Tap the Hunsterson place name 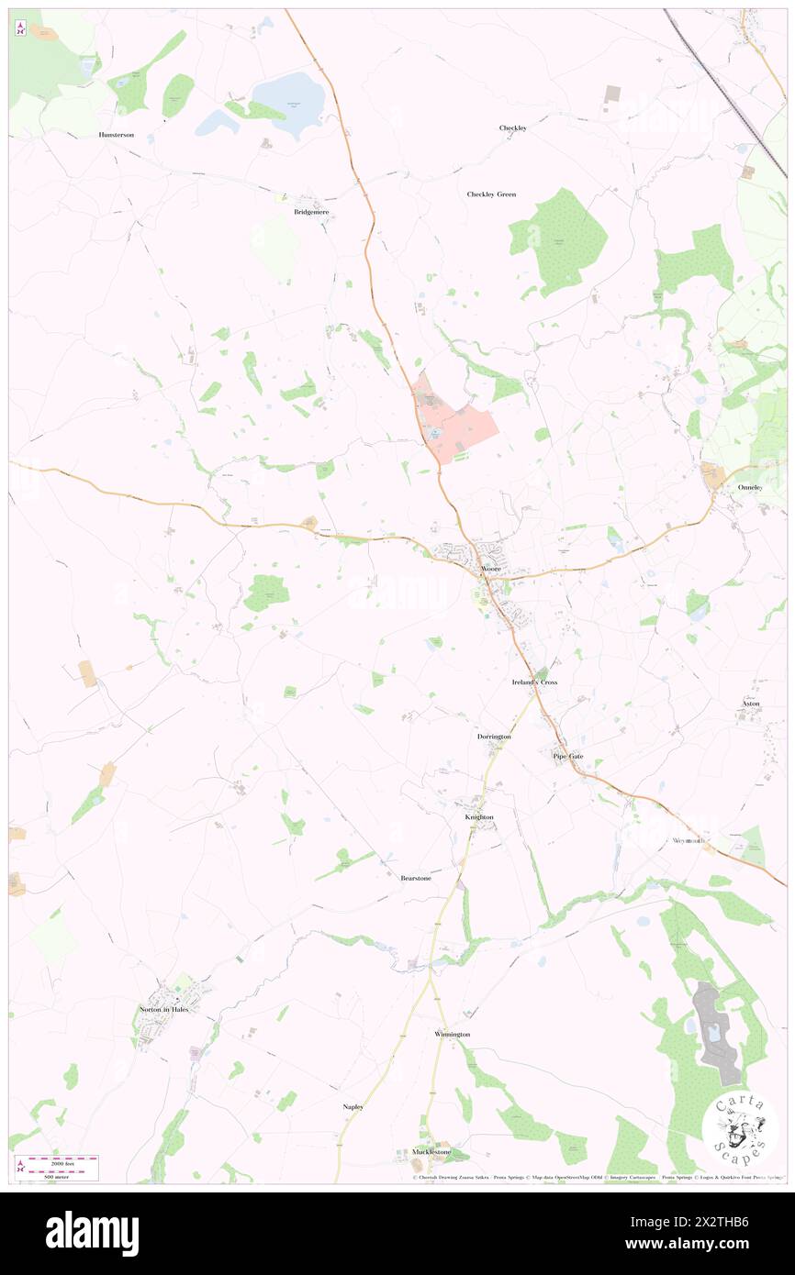pyautogui.click(x=117, y=135)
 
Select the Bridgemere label pyautogui.click(x=311, y=212)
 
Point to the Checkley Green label pyautogui.click(x=491, y=194)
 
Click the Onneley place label pyautogui.click(x=750, y=487)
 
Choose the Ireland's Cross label pyautogui.click(x=534, y=683)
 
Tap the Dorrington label pyautogui.click(x=494, y=737)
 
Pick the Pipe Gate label pyautogui.click(x=567, y=756)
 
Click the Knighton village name pyautogui.click(x=478, y=816)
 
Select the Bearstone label pyautogui.click(x=416, y=878)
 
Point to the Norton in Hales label pyautogui.click(x=165, y=1009)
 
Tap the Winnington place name pyautogui.click(x=452, y=1034)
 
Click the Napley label pyautogui.click(x=353, y=1107)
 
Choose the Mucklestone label pyautogui.click(x=431, y=1151)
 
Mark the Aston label pyautogui.click(x=751, y=704)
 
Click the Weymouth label pyautogui.click(x=688, y=840)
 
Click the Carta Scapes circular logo pyautogui.click(x=740, y=1129)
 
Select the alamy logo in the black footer pyautogui.click(x=92, y=1233)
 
